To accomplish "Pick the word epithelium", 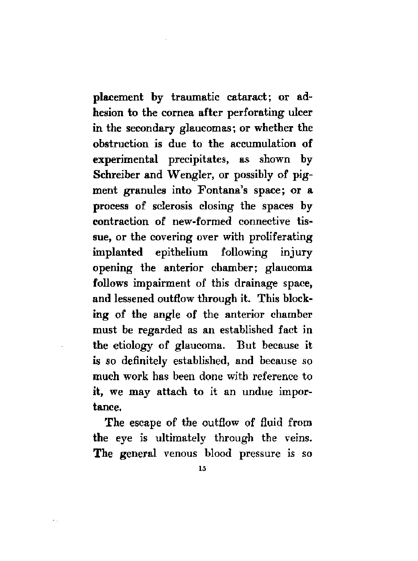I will point(183,252).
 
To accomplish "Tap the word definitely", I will point(144,361).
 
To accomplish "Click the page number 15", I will point(202,469).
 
